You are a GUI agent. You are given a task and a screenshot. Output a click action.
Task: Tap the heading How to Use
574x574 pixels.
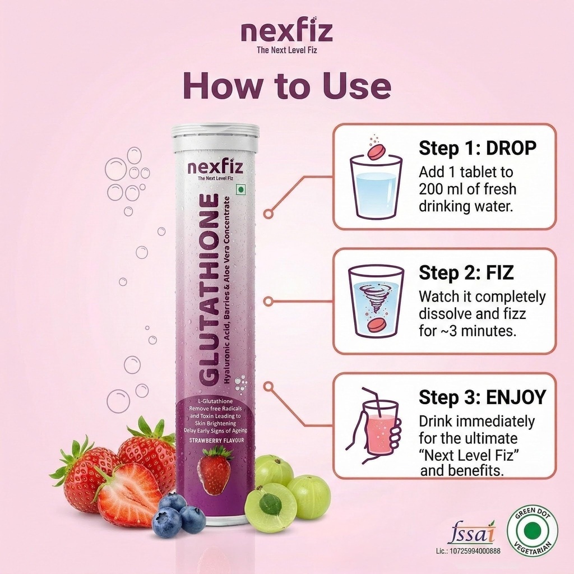287,85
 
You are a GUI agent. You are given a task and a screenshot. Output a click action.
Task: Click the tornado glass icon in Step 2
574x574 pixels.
376,302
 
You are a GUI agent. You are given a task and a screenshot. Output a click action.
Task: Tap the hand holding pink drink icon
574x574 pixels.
373,426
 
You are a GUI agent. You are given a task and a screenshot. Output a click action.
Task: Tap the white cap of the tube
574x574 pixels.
216,138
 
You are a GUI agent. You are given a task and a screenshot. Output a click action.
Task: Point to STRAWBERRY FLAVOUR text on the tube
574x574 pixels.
216,441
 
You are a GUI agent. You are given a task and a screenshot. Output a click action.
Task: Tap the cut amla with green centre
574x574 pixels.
271,507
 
